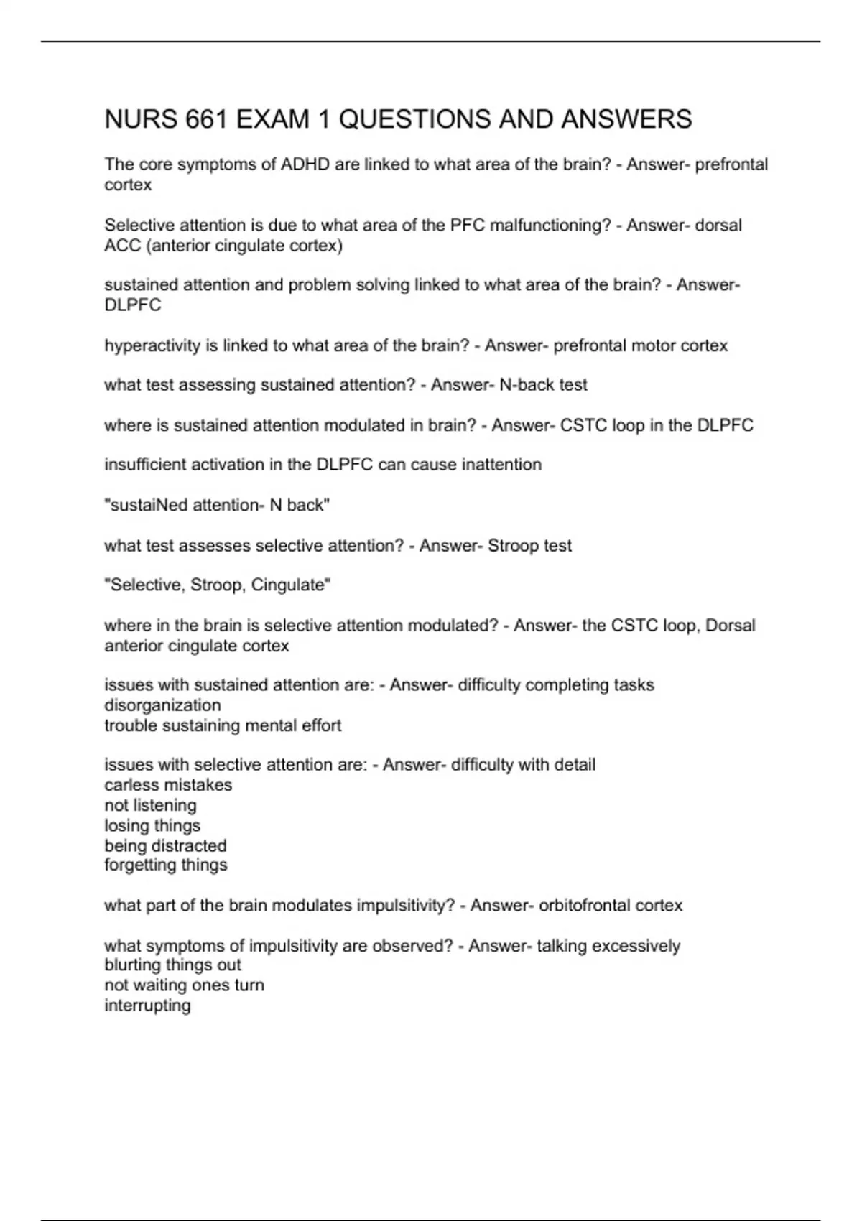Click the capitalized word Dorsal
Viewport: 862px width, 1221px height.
coord(731,626)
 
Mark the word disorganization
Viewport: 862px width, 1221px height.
coord(162,705)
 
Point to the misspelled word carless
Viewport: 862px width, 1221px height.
coord(129,785)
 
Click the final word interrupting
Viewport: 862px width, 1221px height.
coord(147,1005)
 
